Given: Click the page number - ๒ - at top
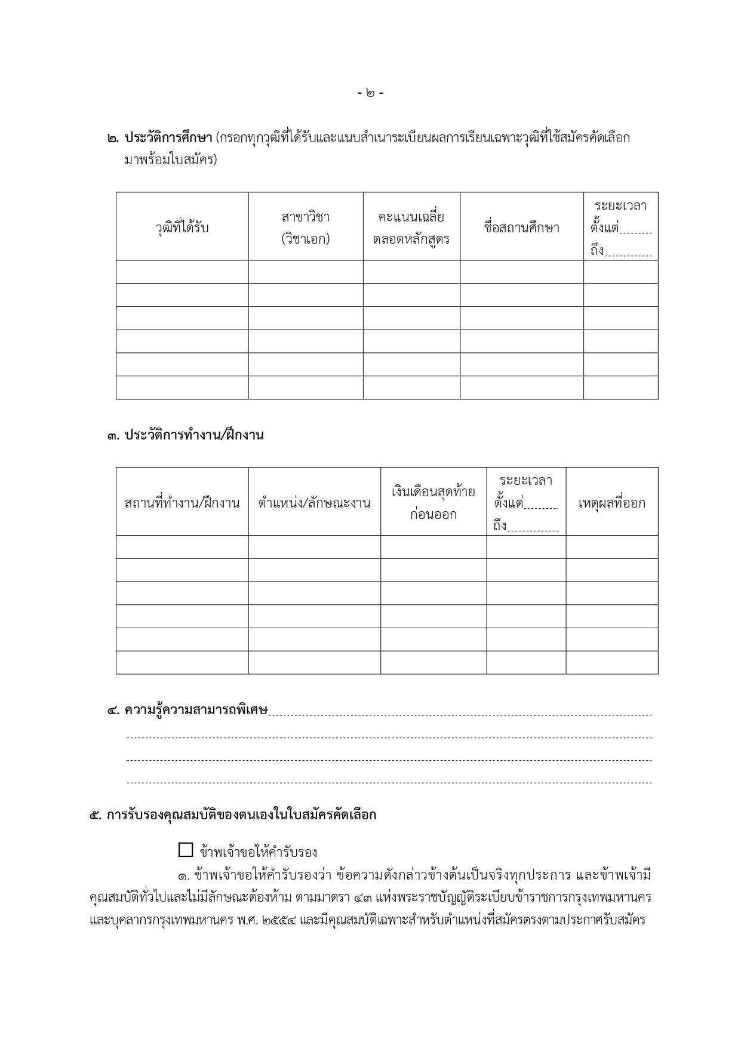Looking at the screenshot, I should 370,93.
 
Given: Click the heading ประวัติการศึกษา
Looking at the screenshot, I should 168,138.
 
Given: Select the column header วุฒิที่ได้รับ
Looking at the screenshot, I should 182,228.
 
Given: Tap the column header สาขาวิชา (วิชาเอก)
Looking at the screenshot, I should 306,228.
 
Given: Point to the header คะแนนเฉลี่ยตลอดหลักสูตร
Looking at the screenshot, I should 411,228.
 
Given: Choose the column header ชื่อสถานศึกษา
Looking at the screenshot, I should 521,228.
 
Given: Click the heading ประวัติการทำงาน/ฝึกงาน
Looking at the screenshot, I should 193,435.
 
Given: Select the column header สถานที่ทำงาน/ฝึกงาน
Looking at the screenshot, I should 182,503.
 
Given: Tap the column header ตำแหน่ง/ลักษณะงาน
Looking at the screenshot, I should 314,503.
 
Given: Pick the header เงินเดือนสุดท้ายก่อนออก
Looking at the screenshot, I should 433,503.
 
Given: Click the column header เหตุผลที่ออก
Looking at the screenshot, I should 611,503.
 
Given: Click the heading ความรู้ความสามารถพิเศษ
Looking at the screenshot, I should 196,710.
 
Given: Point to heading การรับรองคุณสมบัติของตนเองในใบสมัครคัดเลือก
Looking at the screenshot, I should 241,815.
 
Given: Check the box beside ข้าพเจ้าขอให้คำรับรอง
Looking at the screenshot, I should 186,850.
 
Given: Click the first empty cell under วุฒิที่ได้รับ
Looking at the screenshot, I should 182,272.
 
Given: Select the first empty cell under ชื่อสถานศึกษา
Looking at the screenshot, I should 521,272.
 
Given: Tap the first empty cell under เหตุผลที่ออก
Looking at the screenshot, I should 611,547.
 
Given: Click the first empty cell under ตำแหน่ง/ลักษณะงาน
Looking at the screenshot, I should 314,547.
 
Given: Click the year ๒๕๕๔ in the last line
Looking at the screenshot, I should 279,920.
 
